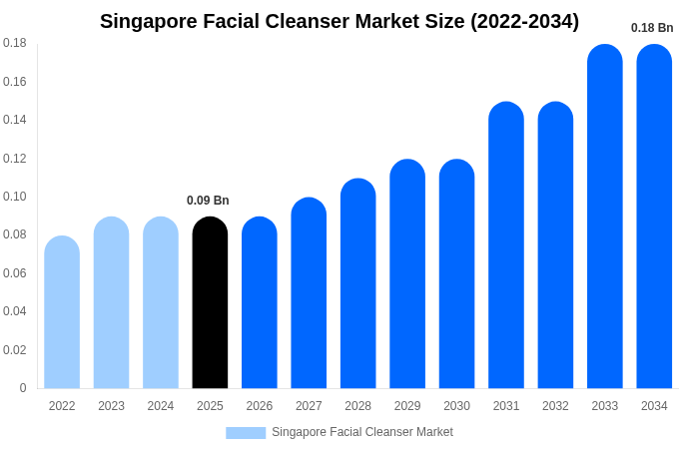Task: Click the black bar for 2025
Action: point(210,303)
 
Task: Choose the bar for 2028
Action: point(357,283)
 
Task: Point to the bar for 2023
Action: point(111,303)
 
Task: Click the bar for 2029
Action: point(407,274)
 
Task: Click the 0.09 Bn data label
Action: point(208,201)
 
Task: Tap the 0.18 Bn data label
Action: point(652,28)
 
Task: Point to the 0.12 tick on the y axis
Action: point(15,159)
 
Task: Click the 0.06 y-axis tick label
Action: point(15,273)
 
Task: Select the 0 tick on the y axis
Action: point(23,388)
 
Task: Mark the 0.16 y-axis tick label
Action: point(15,82)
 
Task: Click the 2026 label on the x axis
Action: point(260,406)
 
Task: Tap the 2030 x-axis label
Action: point(456,406)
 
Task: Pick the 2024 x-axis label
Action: point(161,406)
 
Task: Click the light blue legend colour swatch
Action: point(246,433)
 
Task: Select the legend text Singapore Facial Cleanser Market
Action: point(362,432)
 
